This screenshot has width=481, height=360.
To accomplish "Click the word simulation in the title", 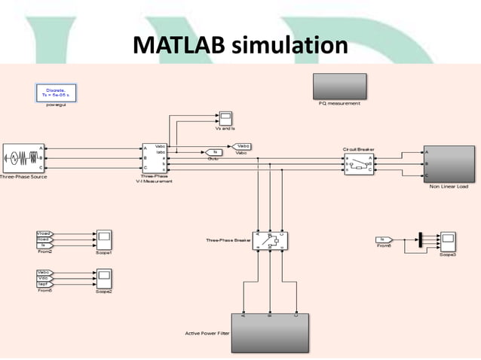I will [290, 46].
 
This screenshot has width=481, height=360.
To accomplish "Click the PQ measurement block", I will [339, 86].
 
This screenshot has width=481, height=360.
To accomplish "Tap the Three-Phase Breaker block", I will [270, 241].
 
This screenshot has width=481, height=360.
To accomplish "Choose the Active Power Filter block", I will [269, 332].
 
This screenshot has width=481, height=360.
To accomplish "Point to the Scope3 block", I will [449, 241].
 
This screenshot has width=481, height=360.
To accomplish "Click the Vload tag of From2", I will [44, 234].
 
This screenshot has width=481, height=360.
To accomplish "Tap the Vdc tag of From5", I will [44, 278].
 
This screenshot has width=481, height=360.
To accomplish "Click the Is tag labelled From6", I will [384, 240].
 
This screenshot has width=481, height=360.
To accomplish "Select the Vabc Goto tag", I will [242, 146].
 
